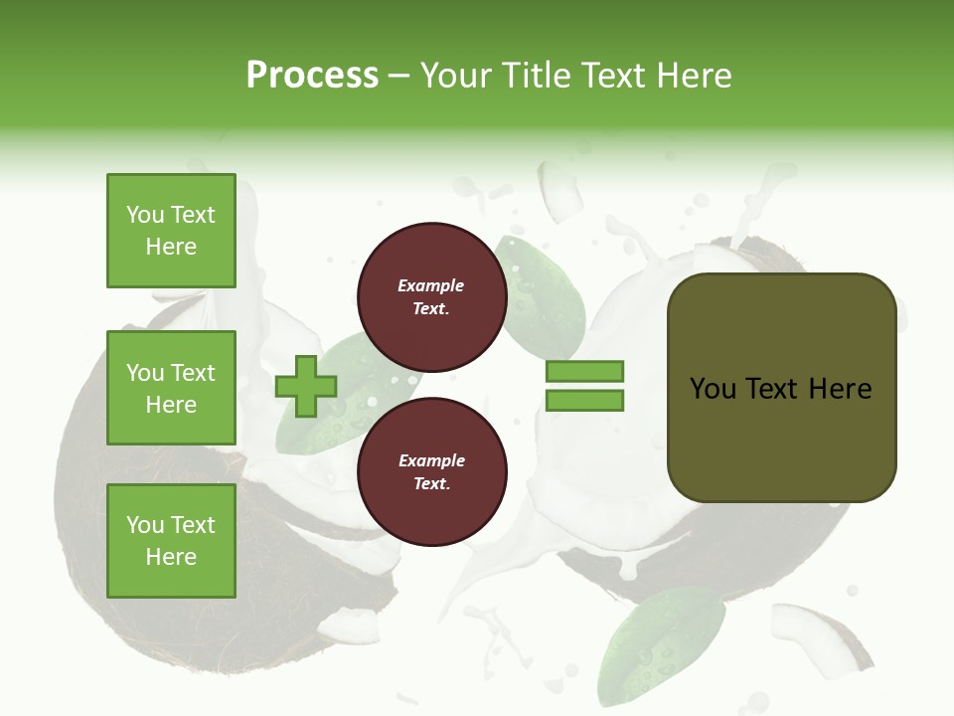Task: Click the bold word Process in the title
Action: pyautogui.click(x=312, y=76)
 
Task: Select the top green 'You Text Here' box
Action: pyautogui.click(x=171, y=231)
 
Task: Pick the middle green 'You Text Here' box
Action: pyautogui.click(x=171, y=388)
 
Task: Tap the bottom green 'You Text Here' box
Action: pyautogui.click(x=171, y=541)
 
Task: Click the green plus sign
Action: pyautogui.click(x=306, y=386)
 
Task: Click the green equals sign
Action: pyautogui.click(x=584, y=386)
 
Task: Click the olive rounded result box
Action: pyautogui.click(x=781, y=388)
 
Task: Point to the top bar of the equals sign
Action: pyautogui.click(x=584, y=371)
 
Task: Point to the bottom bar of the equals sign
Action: pyautogui.click(x=584, y=401)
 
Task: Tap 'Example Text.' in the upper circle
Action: pyautogui.click(x=431, y=296)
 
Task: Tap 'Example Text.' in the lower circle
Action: pyautogui.click(x=431, y=471)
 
